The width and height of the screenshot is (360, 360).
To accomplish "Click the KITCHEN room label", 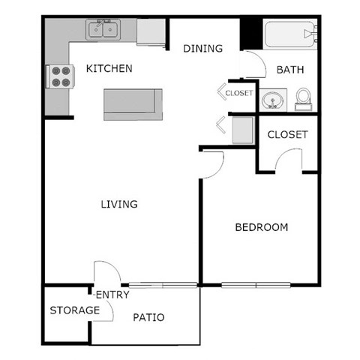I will tap(109, 69).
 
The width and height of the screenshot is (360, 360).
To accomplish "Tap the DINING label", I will tap(203, 49).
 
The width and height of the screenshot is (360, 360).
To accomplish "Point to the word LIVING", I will tap(119, 204).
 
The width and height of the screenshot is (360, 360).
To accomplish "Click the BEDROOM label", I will tap(261, 227).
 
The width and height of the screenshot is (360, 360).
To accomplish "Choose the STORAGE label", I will tap(75, 310).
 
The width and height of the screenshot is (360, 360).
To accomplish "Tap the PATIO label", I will tap(148, 317).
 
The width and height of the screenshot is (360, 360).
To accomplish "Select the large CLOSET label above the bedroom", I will tap(288, 135).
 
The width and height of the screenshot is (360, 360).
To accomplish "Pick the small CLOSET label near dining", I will tap(239, 93).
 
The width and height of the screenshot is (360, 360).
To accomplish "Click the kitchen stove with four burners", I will tap(60, 77).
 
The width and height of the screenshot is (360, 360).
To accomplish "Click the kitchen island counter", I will tap(133, 104).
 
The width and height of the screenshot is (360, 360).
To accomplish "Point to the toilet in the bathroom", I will tap(304, 98).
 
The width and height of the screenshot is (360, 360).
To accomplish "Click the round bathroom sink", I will tap(271, 100).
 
